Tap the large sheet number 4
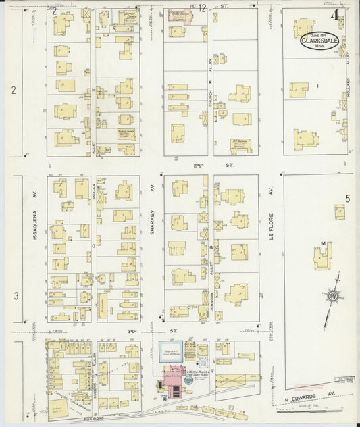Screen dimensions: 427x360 coord(335,15)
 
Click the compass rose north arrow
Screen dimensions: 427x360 coord(332,297)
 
